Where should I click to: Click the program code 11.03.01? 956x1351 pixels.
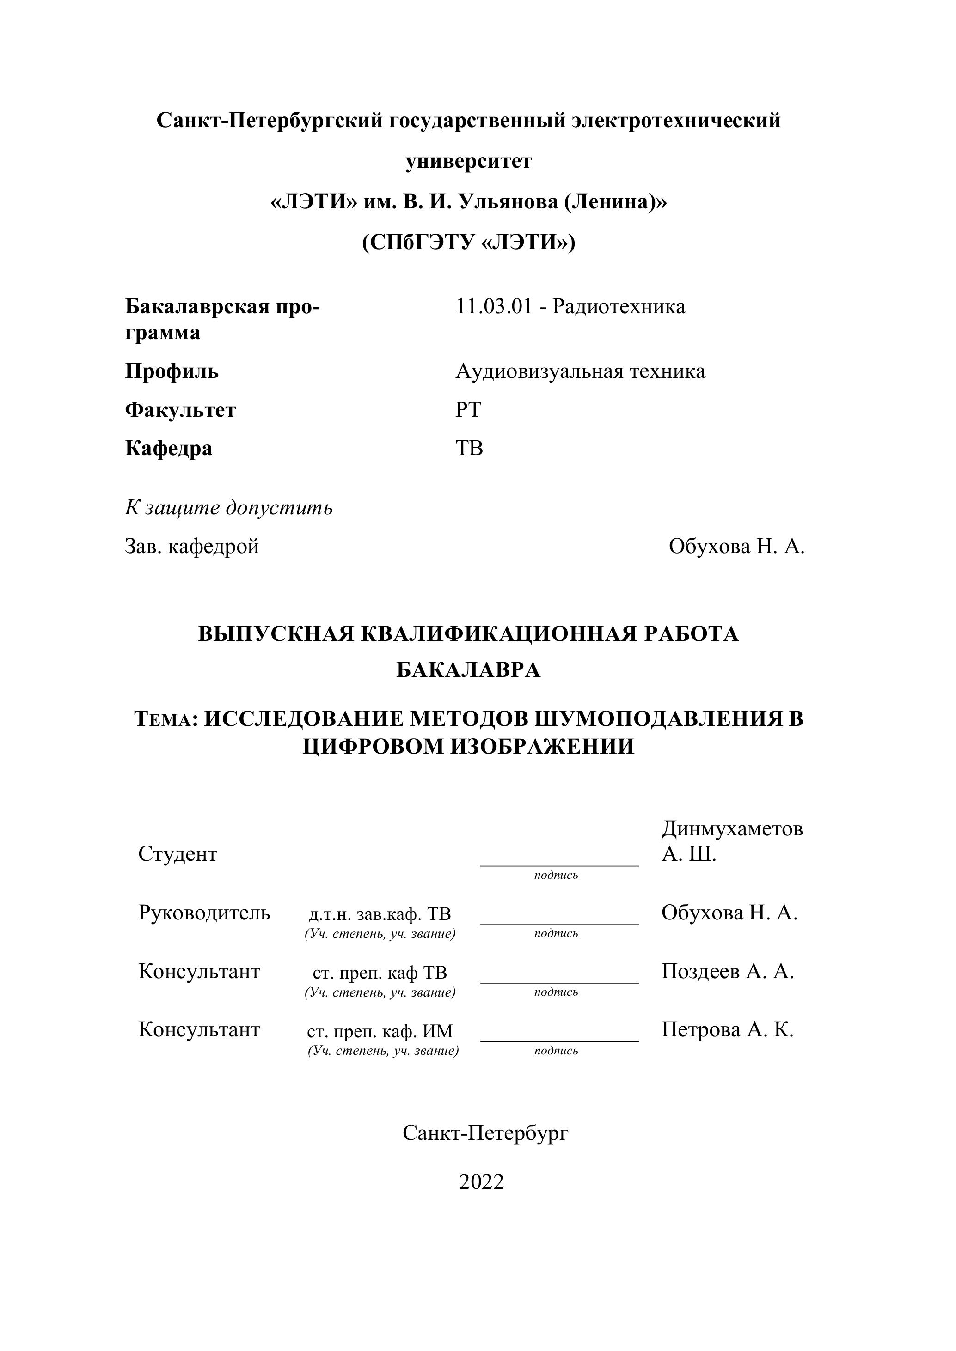(x=493, y=307)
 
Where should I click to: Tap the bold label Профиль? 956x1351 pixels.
(x=172, y=371)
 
